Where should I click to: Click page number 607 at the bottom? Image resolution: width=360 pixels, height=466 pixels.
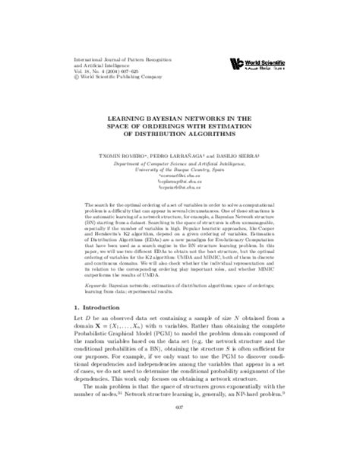pos(180,438)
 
